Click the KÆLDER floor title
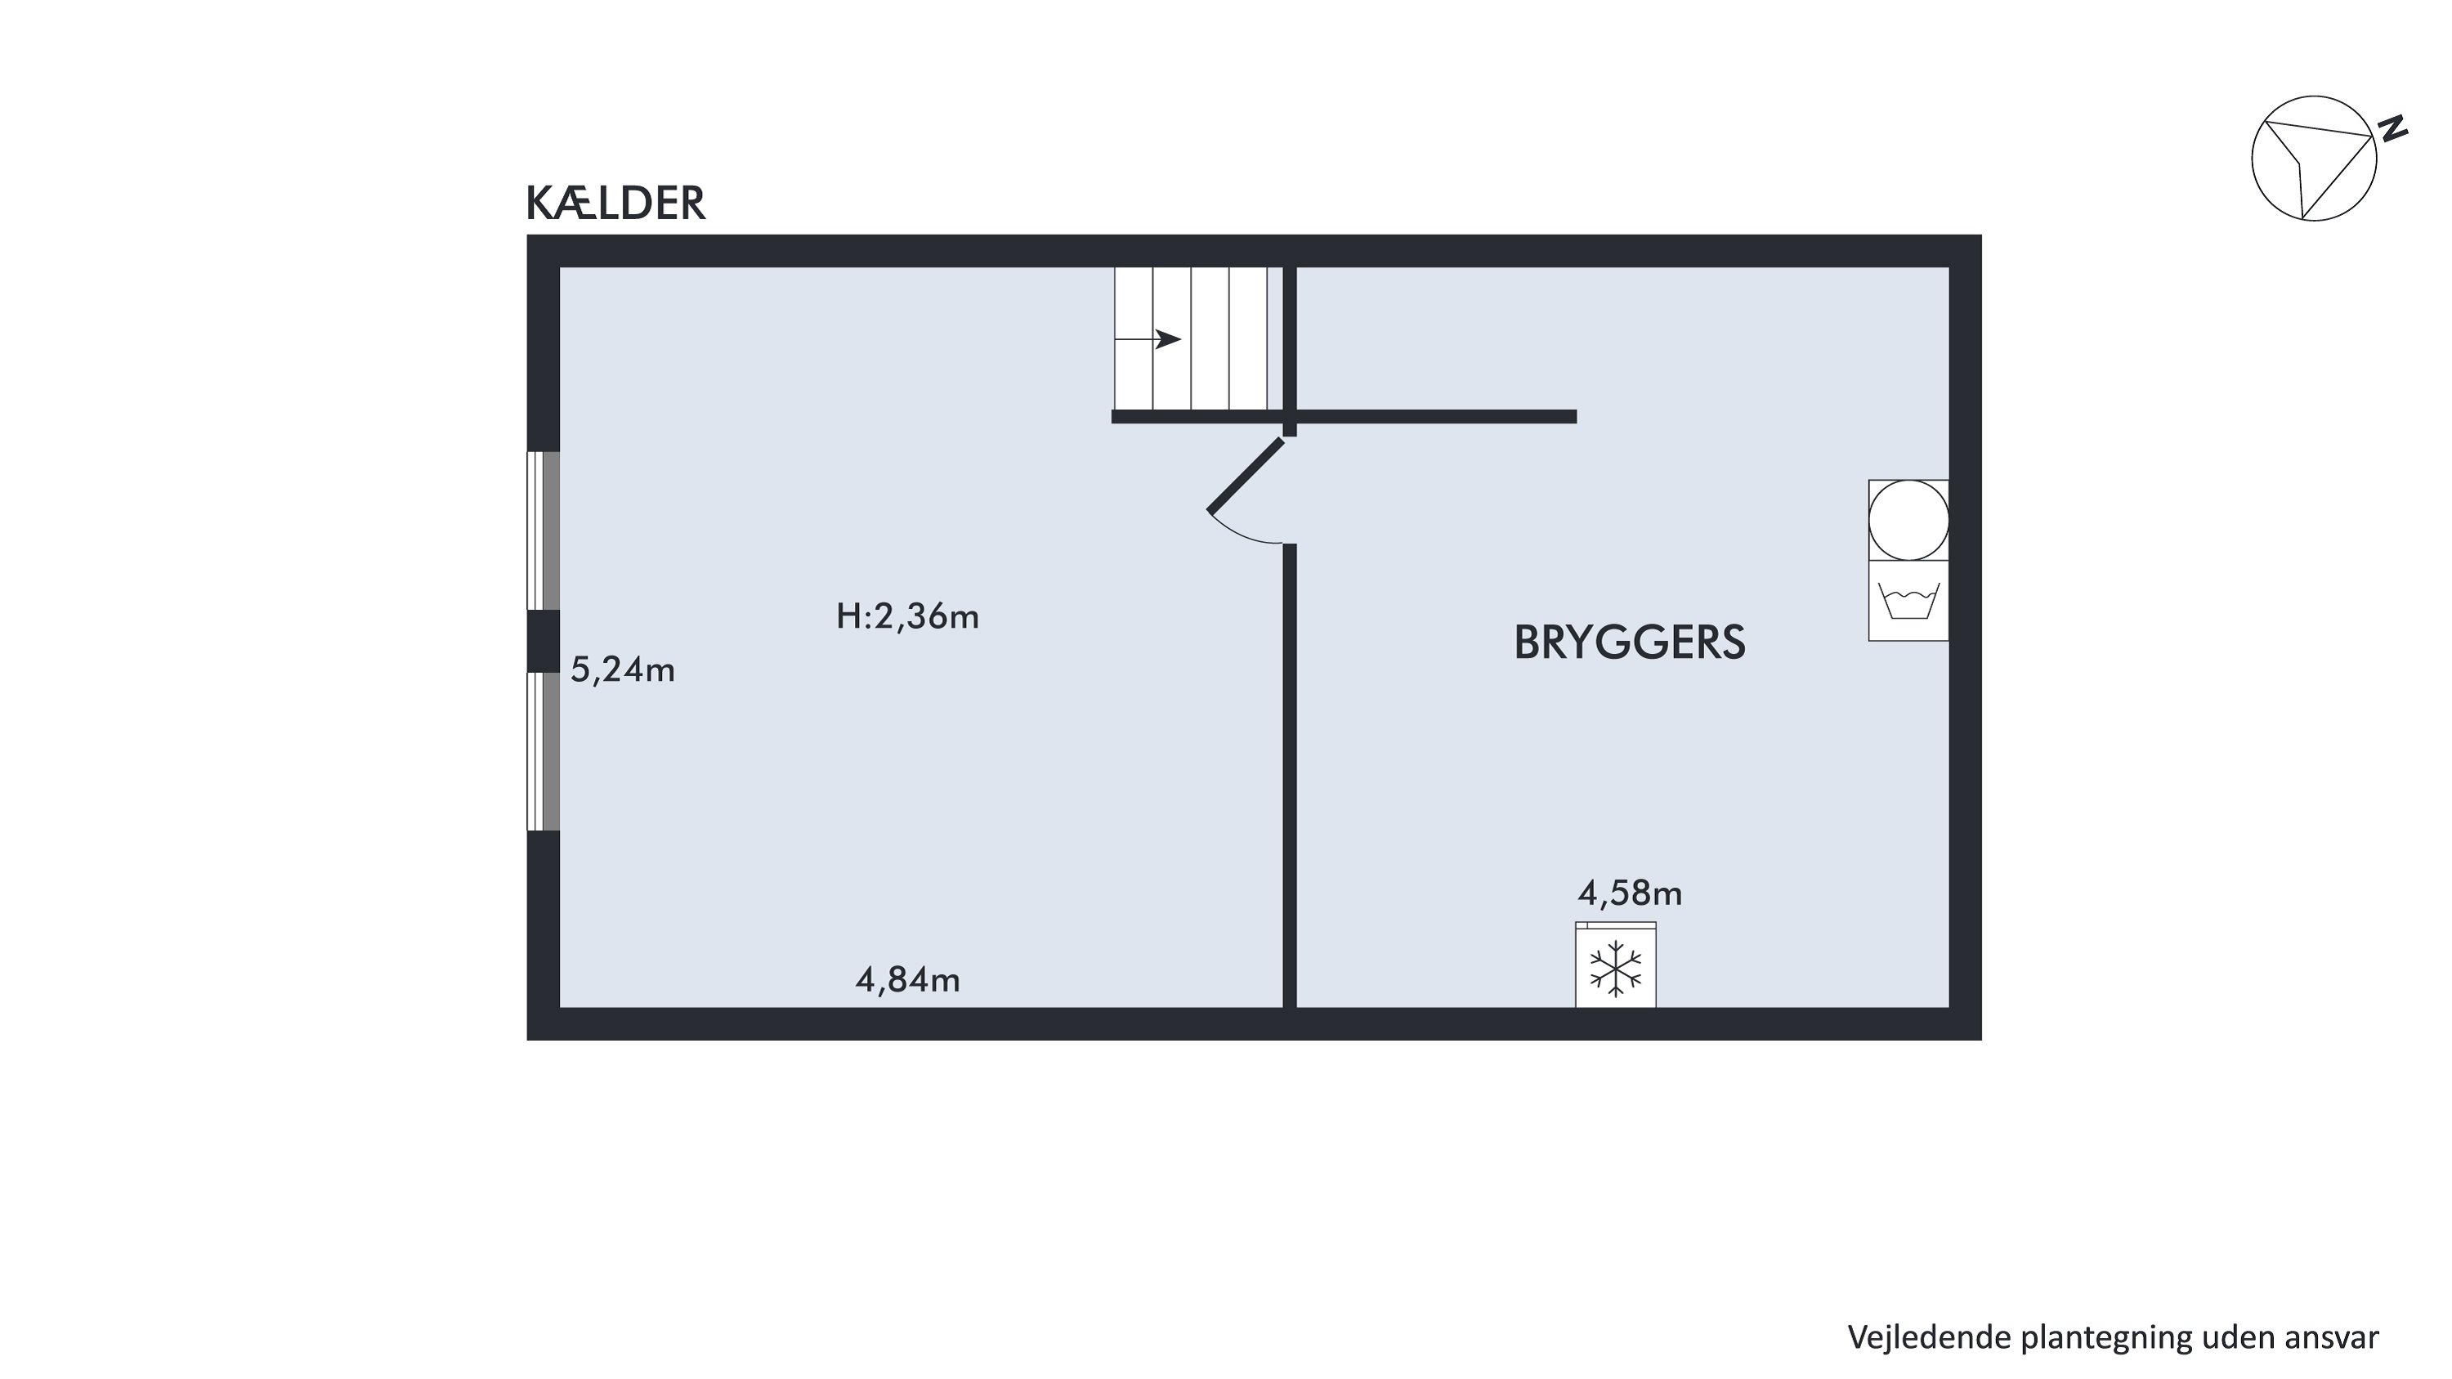click(x=615, y=203)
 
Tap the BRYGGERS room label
click(x=1630, y=643)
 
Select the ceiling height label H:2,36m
click(x=907, y=616)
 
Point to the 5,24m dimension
click(x=623, y=671)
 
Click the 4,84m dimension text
click(x=908, y=979)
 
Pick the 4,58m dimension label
click(x=1631, y=893)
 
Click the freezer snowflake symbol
click(x=1616, y=969)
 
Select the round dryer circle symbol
click(x=1908, y=520)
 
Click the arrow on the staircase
click(x=1148, y=338)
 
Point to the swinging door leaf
click(x=1245, y=476)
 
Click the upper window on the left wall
click(x=544, y=530)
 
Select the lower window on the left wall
click(x=544, y=752)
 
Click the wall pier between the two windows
click(x=544, y=642)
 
